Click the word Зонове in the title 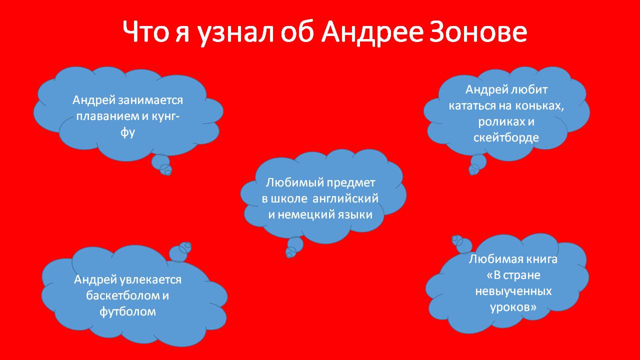pos(478,31)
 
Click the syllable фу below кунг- pos(127,132)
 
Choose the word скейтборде pos(506,137)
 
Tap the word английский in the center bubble pos(345,198)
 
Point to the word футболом pos(127,311)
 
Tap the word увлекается pos(150,279)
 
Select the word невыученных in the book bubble pos(513,291)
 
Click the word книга pos(541,259)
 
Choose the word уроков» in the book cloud pos(513,307)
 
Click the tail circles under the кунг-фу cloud pos(161,165)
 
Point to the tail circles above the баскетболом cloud pos(180,252)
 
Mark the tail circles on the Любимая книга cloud pos(461,244)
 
